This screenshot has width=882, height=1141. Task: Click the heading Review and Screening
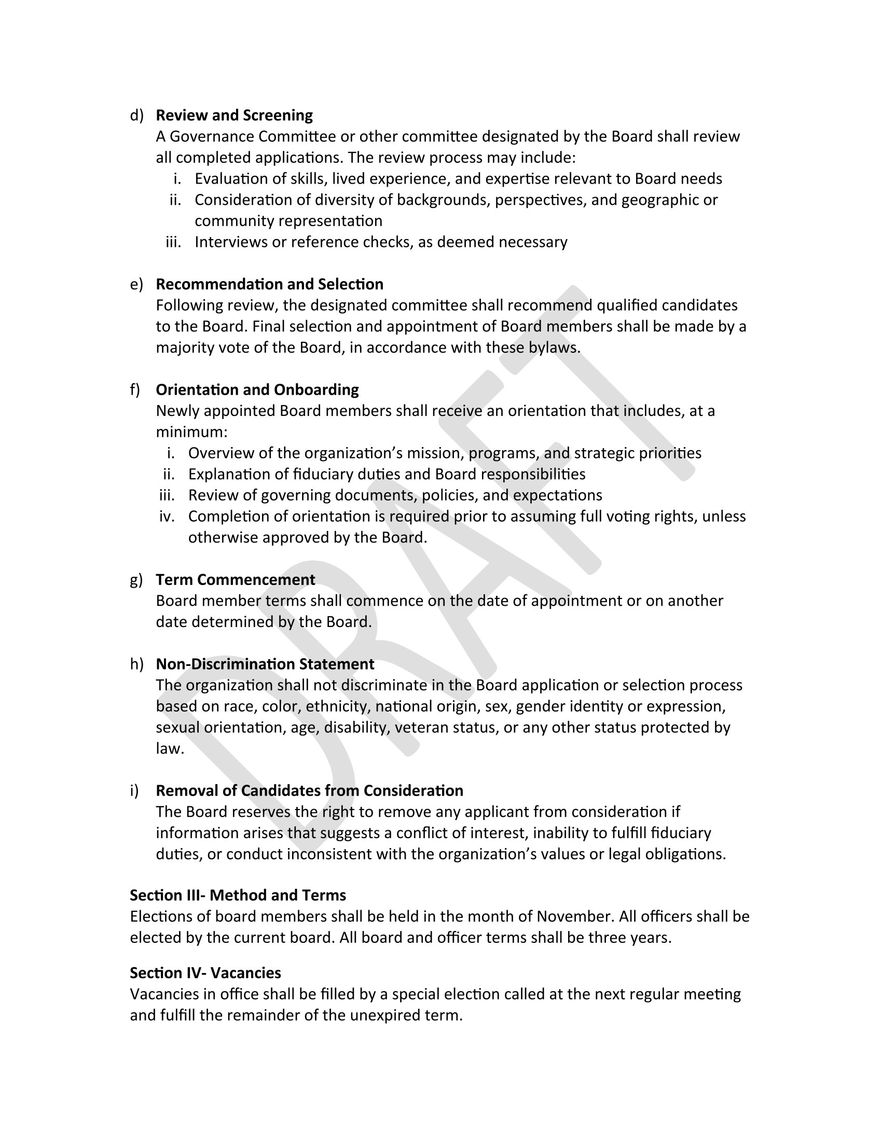tap(234, 115)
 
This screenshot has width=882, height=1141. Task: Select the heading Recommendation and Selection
tap(269, 284)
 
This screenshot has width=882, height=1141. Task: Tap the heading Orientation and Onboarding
tap(257, 389)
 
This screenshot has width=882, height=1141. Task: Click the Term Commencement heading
tap(235, 579)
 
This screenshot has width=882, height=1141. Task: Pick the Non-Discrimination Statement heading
tap(265, 664)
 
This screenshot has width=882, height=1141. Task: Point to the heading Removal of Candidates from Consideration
tap(309, 790)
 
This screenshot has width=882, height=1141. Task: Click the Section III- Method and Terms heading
tap(238, 895)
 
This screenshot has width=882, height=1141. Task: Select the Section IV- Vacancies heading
tap(205, 973)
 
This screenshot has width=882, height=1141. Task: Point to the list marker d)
tap(136, 116)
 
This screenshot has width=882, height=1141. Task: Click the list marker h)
tap(136, 664)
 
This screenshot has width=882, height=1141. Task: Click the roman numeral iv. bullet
tap(167, 516)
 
